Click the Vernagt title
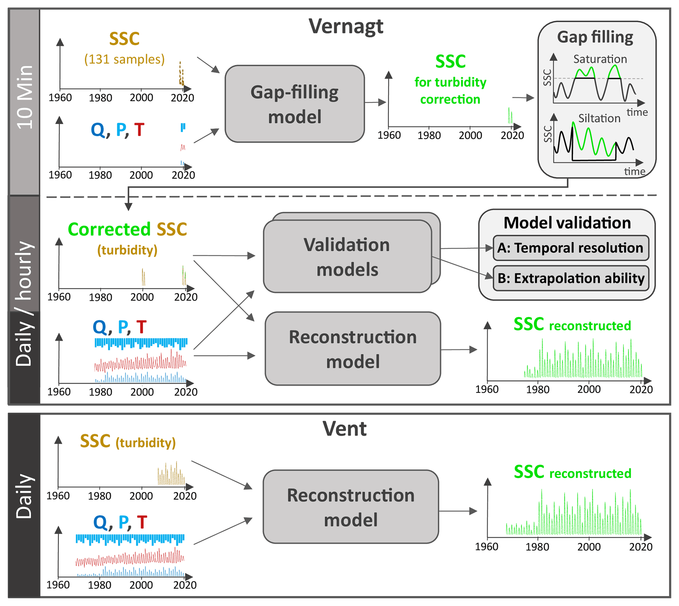pyautogui.click(x=346, y=27)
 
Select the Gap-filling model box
pyautogui.click(x=294, y=104)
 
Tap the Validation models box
pyautogui.click(x=347, y=257)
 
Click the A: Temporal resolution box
pyautogui.click(x=571, y=248)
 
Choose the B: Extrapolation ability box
pyautogui.click(x=571, y=278)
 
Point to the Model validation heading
pyautogui.click(x=567, y=223)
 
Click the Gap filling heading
pyautogui.click(x=595, y=37)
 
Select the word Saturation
pyautogui.click(x=600, y=59)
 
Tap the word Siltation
pyautogui.click(x=599, y=118)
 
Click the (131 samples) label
pyautogui.click(x=124, y=59)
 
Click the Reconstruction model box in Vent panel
pyautogui.click(x=351, y=507)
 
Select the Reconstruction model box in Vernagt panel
pyautogui.click(x=353, y=349)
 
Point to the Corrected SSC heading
pyautogui.click(x=127, y=229)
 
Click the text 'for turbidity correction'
pyautogui.click(x=450, y=91)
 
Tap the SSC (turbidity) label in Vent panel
pyautogui.click(x=127, y=441)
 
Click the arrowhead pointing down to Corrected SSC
pyautogui.click(x=128, y=207)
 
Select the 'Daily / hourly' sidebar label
pyautogui.click(x=25, y=303)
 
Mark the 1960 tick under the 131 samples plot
pyautogui.click(x=60, y=98)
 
